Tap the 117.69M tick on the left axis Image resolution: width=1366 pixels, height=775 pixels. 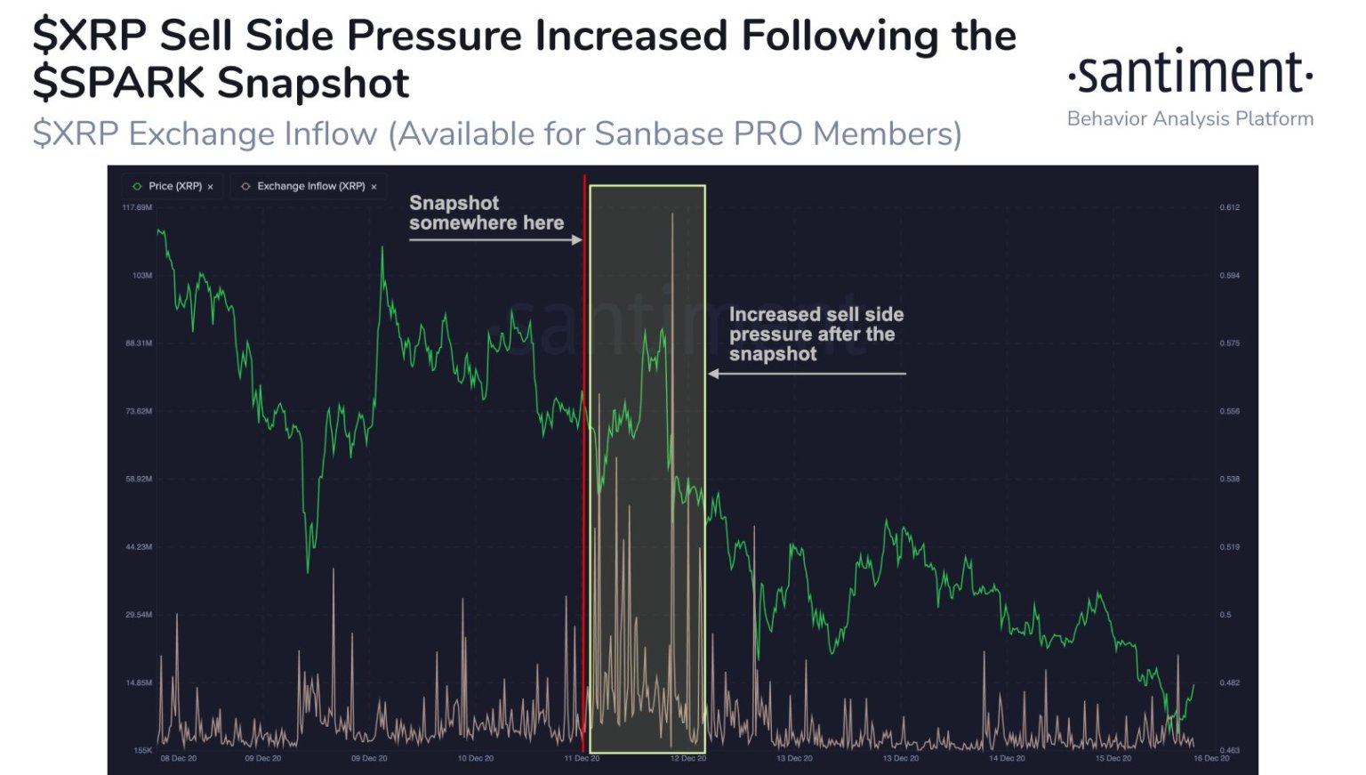tap(137, 207)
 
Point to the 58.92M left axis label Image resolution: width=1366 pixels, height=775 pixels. tap(138, 479)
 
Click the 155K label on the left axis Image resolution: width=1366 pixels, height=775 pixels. tap(142, 750)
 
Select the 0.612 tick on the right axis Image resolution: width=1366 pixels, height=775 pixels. tap(1229, 207)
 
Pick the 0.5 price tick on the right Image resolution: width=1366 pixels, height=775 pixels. tap(1225, 615)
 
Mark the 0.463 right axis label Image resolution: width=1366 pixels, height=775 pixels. tap(1229, 750)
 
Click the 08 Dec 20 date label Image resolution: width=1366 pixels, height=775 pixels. tap(179, 759)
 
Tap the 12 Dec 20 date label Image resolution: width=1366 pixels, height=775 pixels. tap(688, 759)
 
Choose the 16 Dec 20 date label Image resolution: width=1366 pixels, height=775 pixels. tap(1211, 759)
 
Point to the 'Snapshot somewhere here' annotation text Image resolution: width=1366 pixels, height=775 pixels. tap(486, 213)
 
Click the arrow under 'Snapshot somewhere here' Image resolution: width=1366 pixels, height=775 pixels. tap(494, 239)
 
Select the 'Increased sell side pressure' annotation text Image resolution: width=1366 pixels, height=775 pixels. tap(816, 334)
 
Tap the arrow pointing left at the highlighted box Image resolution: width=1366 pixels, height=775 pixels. tap(806, 374)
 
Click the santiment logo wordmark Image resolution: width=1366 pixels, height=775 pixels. tap(1190, 73)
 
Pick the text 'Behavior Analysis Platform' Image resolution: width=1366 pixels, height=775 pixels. tap(1190, 118)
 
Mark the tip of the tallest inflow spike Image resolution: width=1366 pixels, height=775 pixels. tap(672, 214)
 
